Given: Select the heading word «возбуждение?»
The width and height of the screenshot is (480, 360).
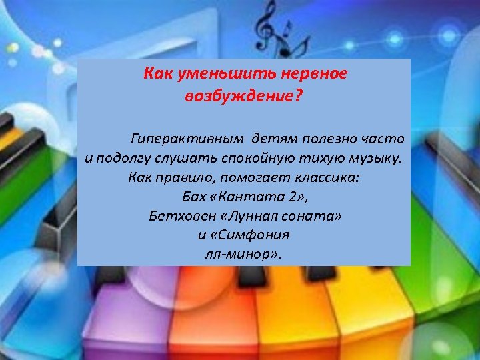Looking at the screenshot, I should coord(243,97).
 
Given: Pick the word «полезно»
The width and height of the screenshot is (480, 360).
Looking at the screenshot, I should coord(324,139).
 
